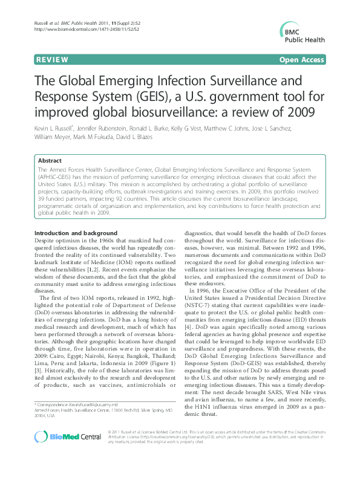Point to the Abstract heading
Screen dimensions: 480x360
[x=50, y=161]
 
